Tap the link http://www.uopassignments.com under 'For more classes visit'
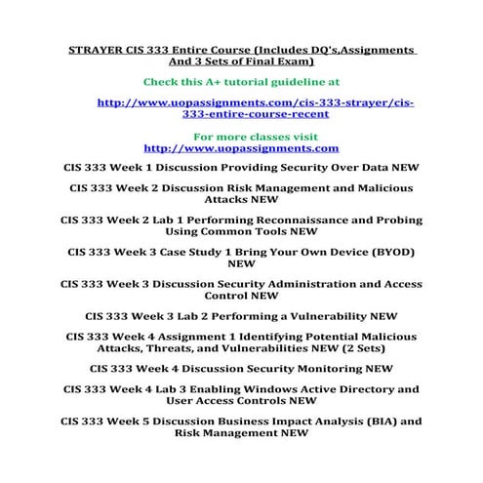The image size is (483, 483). pyautogui.click(x=241, y=148)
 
